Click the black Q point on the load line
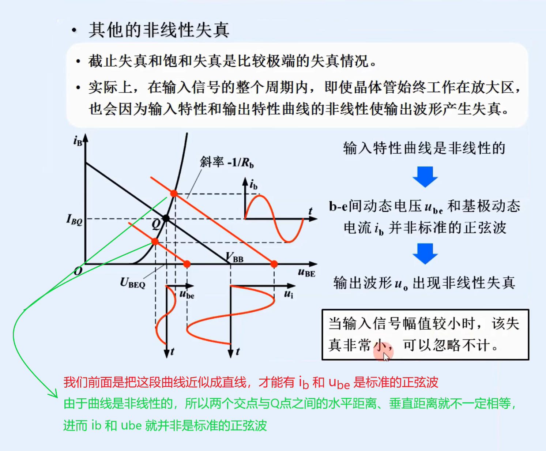166,218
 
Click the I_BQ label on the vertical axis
74,219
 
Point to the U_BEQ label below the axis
132,283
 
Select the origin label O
78,271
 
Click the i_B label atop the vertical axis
77,140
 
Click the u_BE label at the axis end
306,273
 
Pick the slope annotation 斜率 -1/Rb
227,162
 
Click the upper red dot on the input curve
174,193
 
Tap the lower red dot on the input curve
155,241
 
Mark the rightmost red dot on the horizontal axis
274,264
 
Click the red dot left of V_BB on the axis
187,264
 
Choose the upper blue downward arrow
425,177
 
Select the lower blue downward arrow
425,253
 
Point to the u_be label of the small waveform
187,294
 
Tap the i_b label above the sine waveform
253,184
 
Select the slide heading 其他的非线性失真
159,30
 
